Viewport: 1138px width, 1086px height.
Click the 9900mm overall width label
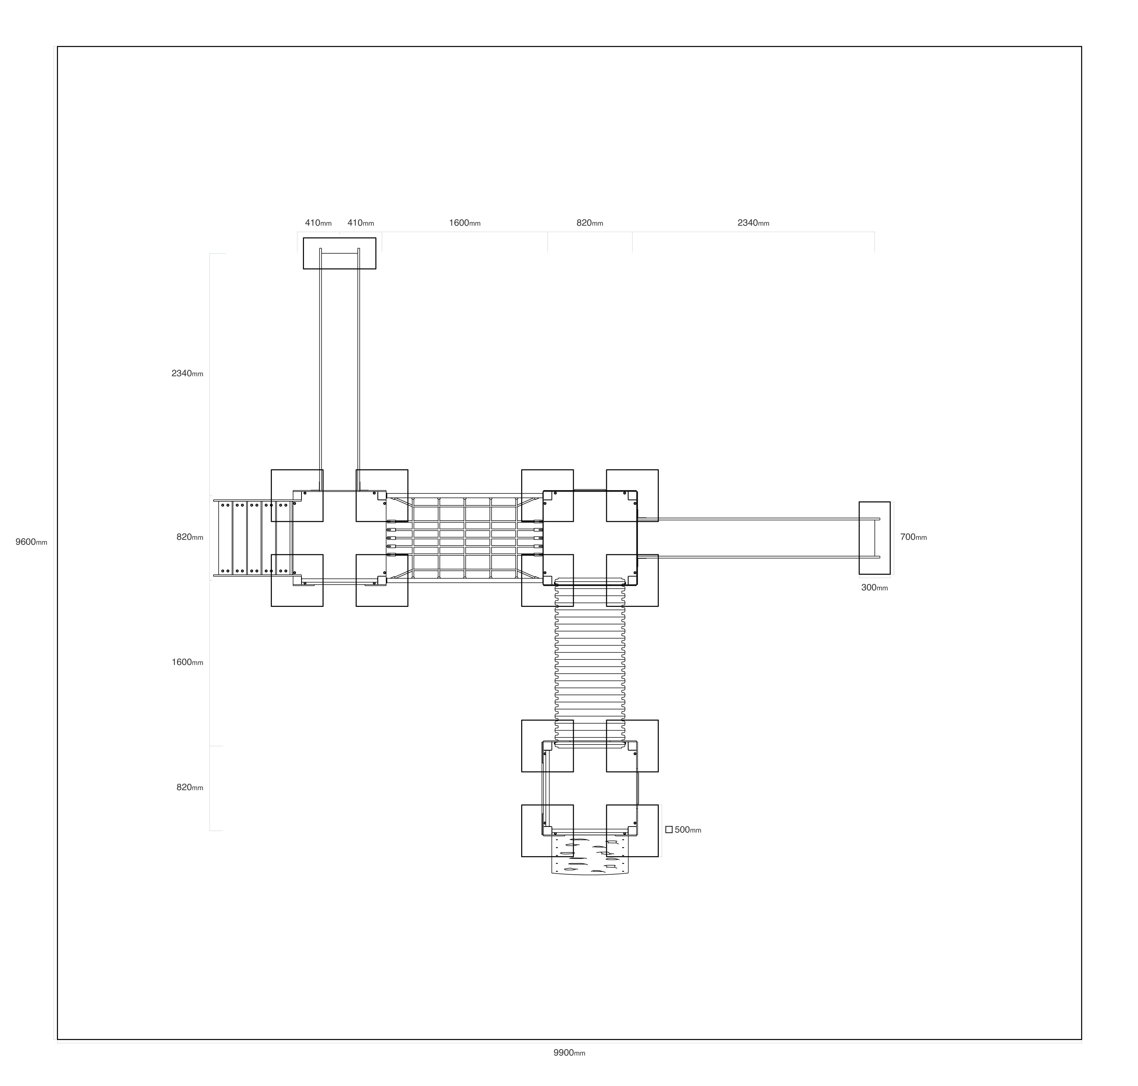click(569, 1052)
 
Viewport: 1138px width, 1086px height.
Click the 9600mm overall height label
click(31, 542)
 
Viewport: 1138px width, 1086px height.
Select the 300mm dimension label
click(874, 588)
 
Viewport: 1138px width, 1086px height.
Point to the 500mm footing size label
click(688, 829)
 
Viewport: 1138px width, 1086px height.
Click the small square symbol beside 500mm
click(669, 829)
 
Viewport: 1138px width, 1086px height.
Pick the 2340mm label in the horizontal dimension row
click(753, 223)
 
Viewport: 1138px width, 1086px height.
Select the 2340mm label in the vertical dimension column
click(187, 373)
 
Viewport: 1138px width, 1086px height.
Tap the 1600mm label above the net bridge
click(464, 223)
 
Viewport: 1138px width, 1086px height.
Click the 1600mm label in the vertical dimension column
click(187, 662)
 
